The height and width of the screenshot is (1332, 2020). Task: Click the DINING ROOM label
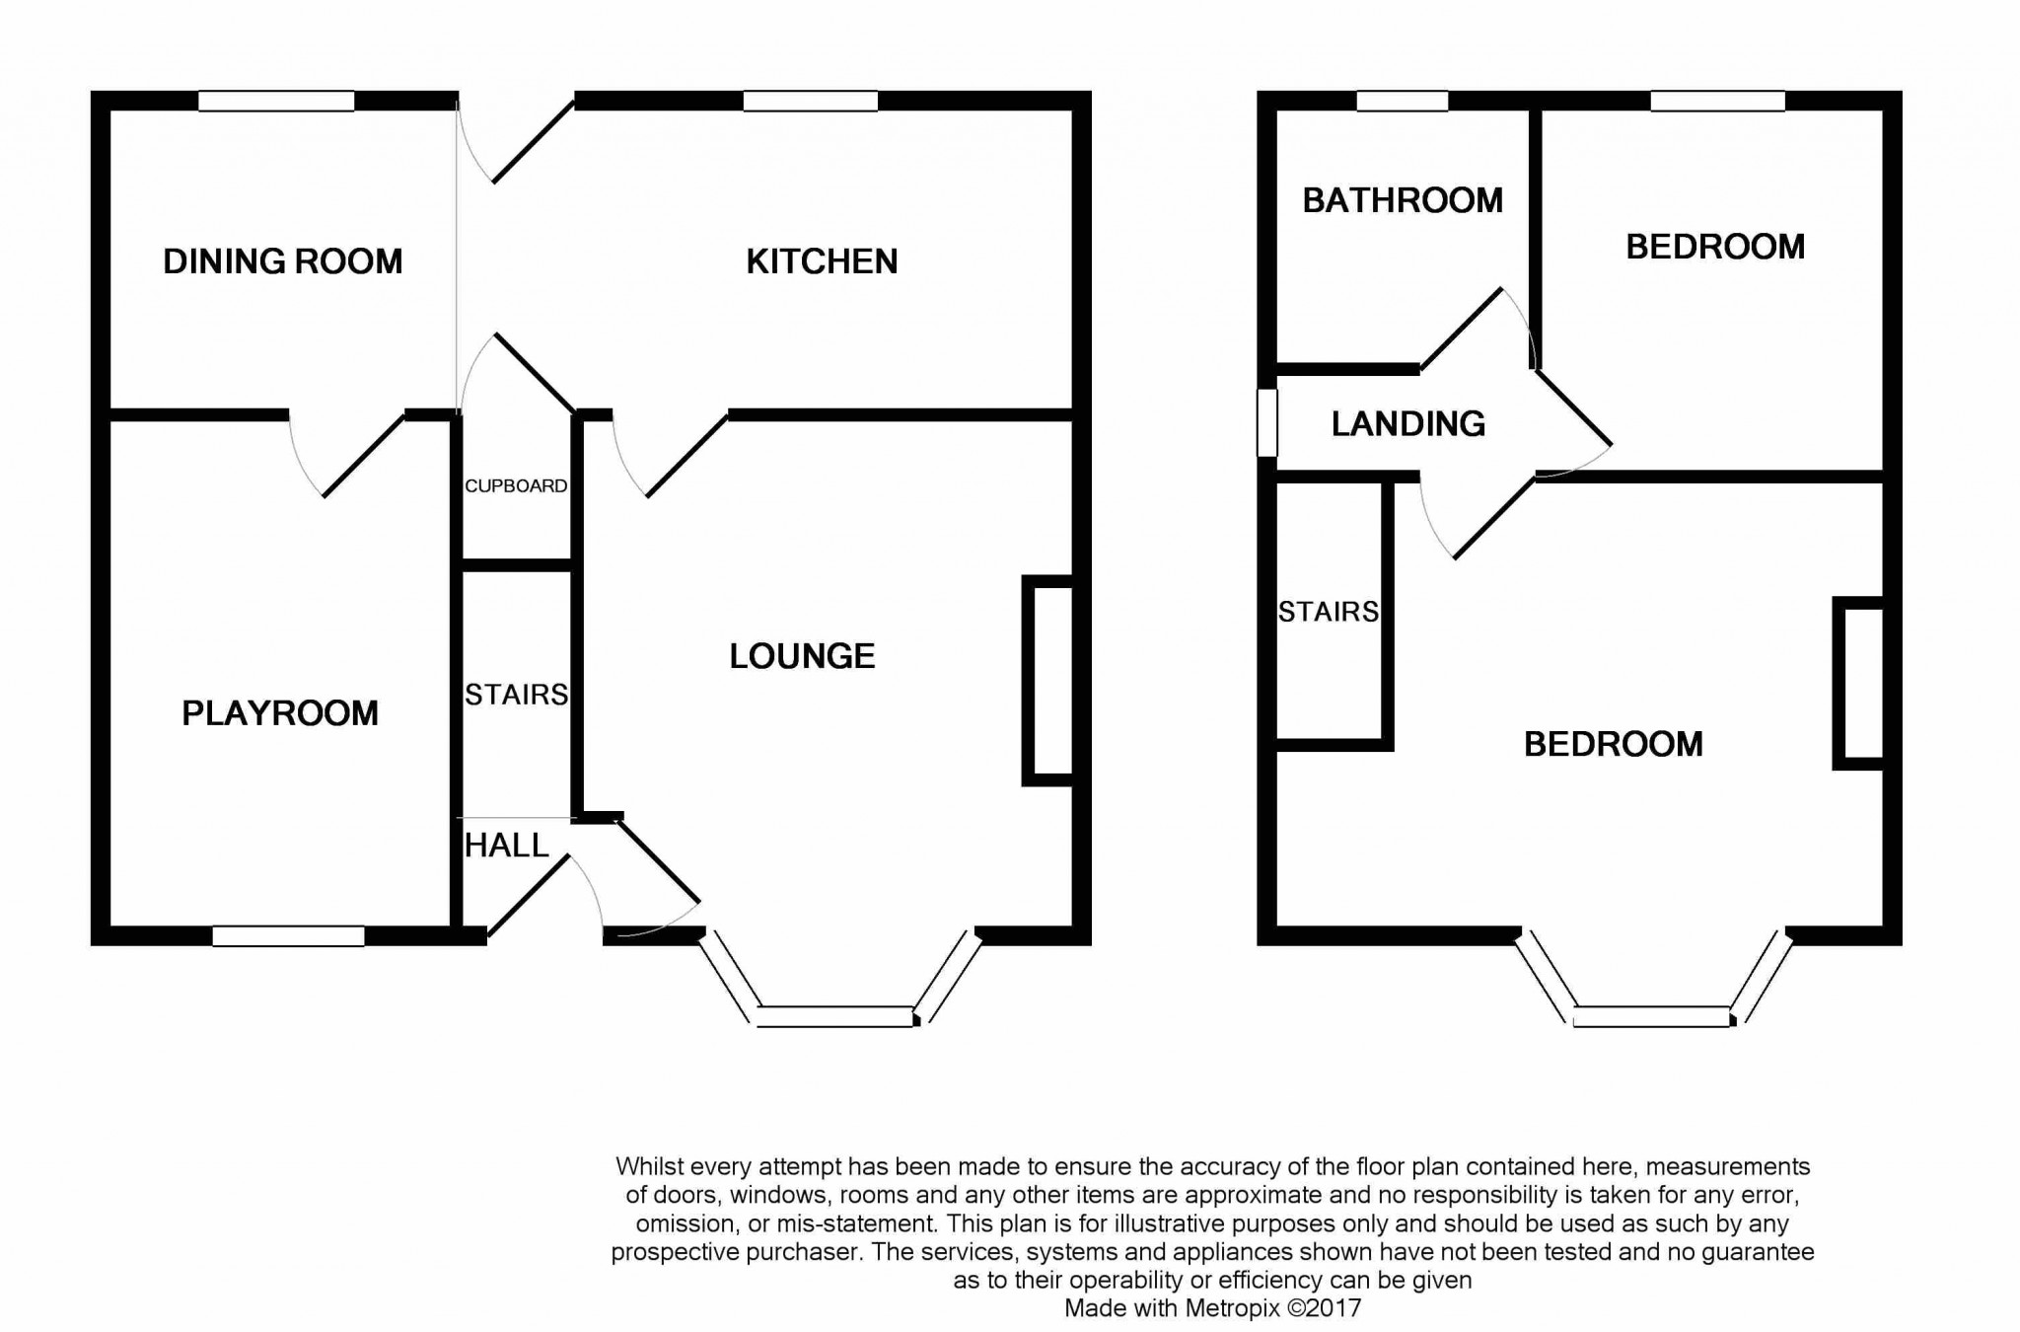283,261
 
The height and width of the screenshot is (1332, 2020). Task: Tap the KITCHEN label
822,261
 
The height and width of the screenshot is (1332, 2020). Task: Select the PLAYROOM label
280,713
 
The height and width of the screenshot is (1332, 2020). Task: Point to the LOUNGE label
802,656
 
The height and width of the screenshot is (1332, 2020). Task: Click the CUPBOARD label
516,485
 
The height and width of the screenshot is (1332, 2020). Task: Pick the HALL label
506,846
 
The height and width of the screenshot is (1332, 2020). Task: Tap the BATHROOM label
1403,200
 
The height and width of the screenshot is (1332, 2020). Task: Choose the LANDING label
1408,423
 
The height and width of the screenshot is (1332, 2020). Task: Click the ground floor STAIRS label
516,695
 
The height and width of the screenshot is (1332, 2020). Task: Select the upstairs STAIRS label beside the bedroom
1329,612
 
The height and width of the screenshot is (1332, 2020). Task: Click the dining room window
276,101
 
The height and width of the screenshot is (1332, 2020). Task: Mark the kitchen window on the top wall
811,101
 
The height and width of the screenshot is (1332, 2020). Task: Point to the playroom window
289,936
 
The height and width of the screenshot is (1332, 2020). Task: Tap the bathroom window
1403,101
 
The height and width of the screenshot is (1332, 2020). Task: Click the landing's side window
1267,423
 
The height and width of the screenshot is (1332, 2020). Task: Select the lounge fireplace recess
1047,681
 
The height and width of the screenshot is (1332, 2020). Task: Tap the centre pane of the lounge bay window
836,1016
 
